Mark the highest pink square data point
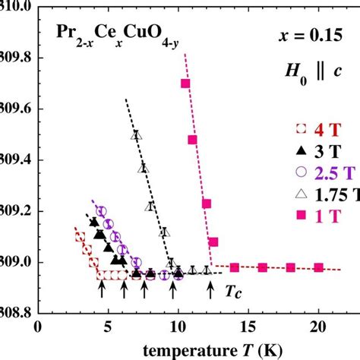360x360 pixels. point(185,84)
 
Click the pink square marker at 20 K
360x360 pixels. point(318,267)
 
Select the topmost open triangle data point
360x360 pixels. point(136,135)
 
